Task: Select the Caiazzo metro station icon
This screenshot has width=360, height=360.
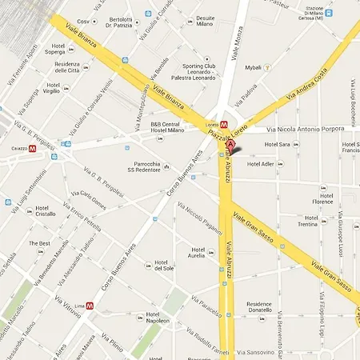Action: click(x=33, y=148)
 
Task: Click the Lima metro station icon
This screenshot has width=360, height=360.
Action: click(x=90, y=305)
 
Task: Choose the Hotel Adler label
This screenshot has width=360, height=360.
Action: click(x=260, y=163)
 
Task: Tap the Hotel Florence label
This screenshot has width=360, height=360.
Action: click(x=323, y=197)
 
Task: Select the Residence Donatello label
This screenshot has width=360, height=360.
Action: click(x=264, y=309)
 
